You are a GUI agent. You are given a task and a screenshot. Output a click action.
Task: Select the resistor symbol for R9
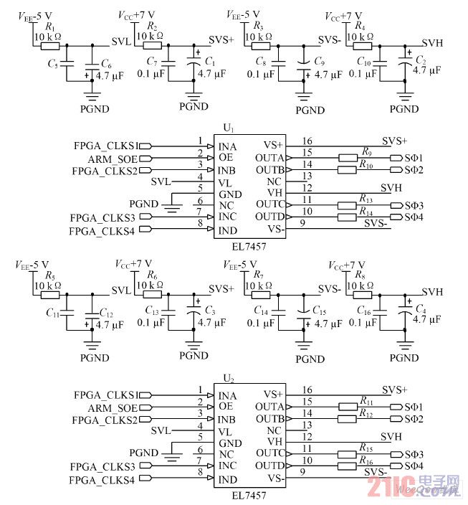coord(349,158)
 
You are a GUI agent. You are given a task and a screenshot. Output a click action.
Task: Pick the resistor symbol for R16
coord(349,466)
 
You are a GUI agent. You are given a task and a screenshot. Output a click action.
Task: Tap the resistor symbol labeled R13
coord(349,205)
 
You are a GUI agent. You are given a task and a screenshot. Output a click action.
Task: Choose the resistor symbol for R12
coord(349,419)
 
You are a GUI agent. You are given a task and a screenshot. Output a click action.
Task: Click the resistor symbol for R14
coord(349,217)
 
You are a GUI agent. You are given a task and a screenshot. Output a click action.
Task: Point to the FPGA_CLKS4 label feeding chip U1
coord(101,230)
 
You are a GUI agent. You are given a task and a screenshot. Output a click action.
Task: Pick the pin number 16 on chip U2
coord(307,389)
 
